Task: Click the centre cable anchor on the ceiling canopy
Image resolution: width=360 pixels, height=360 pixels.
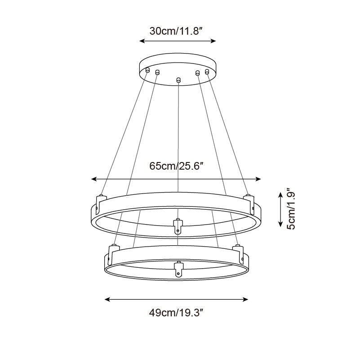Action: (178, 80)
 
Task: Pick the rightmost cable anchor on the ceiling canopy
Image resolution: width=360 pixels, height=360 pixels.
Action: (207, 71)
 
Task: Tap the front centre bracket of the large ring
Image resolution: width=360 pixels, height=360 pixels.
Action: (178, 225)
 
